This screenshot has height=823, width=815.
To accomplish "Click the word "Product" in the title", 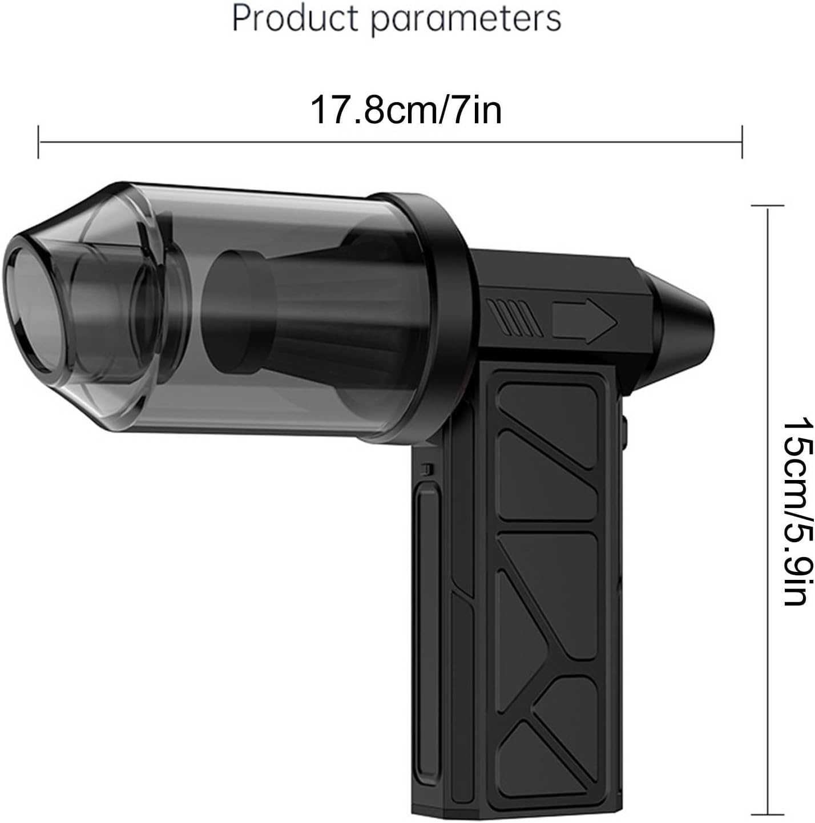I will click(296, 19).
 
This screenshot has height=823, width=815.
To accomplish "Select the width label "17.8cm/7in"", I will click(406, 110).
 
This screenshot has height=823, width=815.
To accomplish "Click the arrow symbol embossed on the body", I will click(584, 321).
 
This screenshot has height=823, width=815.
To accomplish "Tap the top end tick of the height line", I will click(768, 205).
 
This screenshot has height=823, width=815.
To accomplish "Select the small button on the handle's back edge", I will click(624, 431).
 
